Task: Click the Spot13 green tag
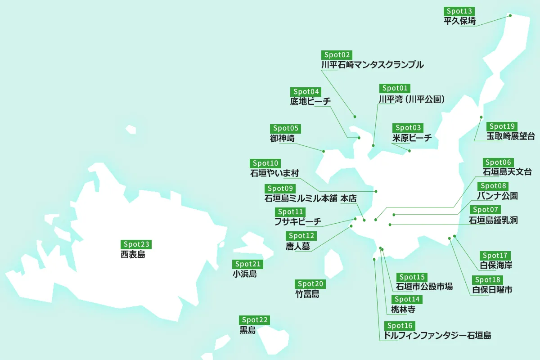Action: pos(459,11)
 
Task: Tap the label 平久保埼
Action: pos(459,21)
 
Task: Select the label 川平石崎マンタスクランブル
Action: pos(373,65)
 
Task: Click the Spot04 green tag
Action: pos(306,92)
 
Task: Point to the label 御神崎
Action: pos(282,138)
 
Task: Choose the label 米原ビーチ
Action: pos(412,138)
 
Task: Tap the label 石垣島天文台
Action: pos(507,172)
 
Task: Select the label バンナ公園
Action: pos(497,196)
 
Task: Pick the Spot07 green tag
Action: pos(485,210)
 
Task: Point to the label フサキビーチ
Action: pos(298,221)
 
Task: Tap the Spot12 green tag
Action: pos(301,236)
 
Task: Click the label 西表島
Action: pos(133,254)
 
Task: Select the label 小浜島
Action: pos(245,274)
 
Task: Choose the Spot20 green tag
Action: pos(310,284)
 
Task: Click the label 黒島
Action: pos(247,330)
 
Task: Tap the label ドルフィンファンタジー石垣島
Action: pos(437,335)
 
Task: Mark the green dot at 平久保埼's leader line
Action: pos(510,15)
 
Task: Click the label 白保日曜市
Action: pos(492,289)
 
